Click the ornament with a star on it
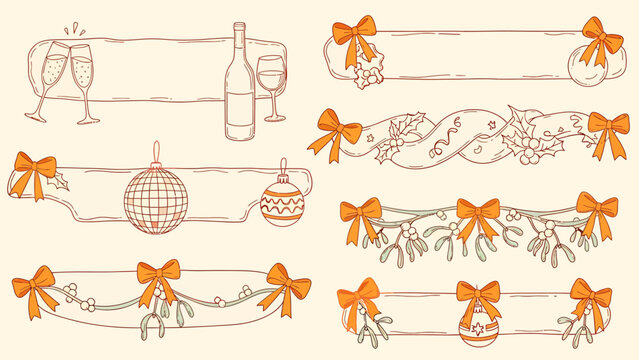point(477,328)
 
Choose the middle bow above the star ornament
point(479,297)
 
